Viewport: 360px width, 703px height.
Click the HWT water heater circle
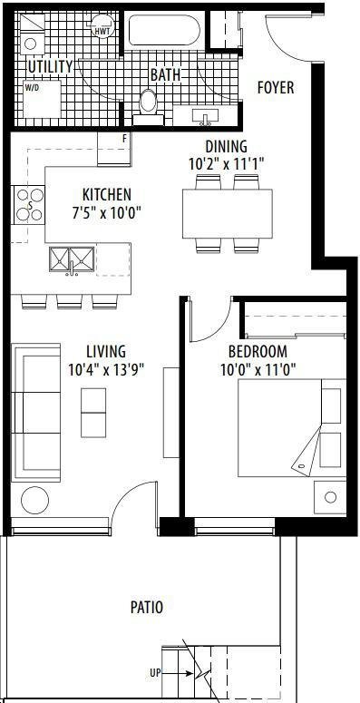[x=102, y=25]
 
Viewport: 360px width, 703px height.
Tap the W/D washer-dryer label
[x=32, y=87]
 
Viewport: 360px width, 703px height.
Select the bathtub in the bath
[x=164, y=30]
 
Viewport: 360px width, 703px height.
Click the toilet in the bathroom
[x=148, y=107]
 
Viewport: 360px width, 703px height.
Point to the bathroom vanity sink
[x=205, y=117]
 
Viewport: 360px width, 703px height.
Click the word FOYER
[x=276, y=87]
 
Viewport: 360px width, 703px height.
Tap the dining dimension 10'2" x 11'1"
[x=226, y=163]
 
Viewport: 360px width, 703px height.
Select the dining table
[x=228, y=214]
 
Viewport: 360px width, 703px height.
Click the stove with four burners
[x=28, y=205]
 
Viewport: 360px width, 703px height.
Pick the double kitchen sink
[x=72, y=259]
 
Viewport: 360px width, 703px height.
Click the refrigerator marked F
[x=114, y=149]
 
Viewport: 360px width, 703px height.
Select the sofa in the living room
[x=36, y=413]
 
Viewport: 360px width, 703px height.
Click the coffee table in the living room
[x=93, y=413]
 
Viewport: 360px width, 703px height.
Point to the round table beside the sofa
[x=35, y=500]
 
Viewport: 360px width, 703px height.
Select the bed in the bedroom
[x=292, y=428]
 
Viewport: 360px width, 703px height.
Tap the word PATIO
[x=147, y=608]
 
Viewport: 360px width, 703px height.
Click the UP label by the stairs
[x=156, y=673]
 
